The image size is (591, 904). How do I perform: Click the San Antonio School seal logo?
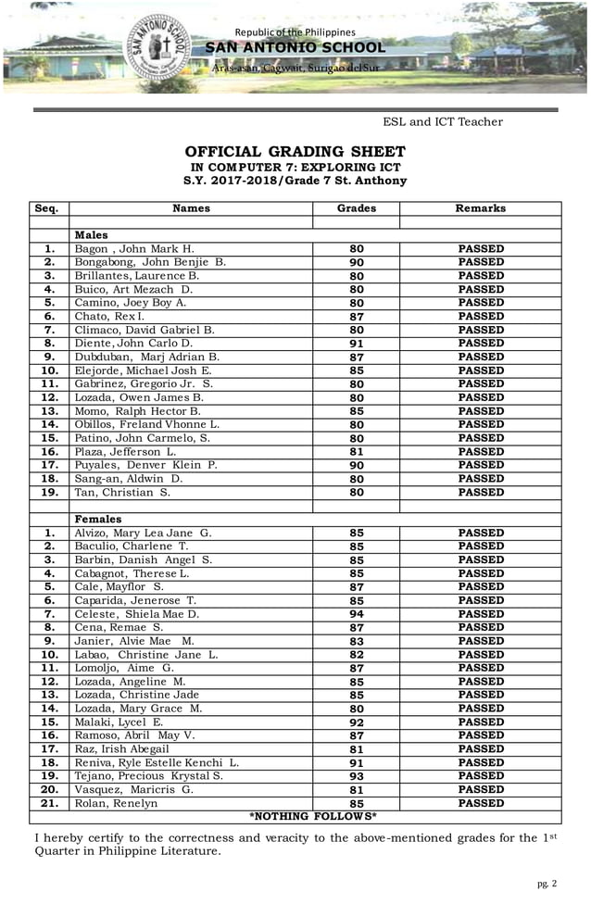click(162, 49)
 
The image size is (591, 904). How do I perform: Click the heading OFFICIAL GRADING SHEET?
click(295, 152)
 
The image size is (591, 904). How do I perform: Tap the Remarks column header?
click(480, 209)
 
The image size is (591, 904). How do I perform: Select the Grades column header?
click(356, 209)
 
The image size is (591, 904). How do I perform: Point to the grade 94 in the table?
click(357, 614)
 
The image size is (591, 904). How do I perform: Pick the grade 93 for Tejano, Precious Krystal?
click(357, 776)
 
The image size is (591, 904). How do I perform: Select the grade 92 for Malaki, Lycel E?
click(357, 722)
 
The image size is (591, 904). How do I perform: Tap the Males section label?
click(92, 236)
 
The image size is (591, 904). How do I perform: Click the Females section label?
click(97, 520)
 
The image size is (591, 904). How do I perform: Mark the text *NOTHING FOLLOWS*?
click(313, 816)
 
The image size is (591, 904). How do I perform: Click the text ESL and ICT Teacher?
click(443, 122)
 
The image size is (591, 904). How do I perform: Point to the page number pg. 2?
click(547, 884)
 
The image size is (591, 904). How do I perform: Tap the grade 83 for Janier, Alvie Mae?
click(357, 641)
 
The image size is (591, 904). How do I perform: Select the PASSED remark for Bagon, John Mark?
click(481, 249)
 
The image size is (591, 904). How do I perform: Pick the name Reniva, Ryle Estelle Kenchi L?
click(157, 762)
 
